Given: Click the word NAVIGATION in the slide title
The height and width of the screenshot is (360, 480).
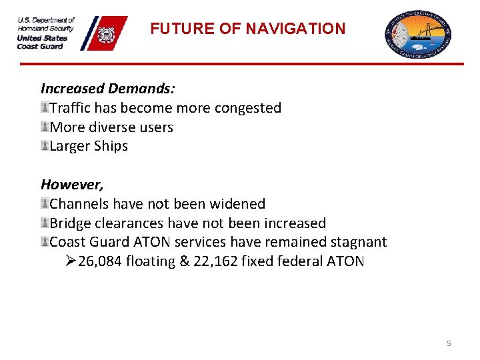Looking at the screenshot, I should (295, 29).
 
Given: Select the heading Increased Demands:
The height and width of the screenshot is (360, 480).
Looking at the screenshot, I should (107, 88).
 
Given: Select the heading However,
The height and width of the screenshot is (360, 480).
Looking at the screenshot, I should (72, 184).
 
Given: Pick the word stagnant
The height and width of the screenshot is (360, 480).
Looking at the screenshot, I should (357, 242).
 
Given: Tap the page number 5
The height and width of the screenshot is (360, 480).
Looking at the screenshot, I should (449, 343).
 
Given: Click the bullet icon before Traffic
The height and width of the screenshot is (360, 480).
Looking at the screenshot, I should (45, 108).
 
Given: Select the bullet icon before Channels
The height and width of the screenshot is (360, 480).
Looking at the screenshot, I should (45, 204).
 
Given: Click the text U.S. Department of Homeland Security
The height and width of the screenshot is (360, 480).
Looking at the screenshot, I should (46, 24).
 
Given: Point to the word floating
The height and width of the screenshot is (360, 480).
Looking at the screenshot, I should (151, 261).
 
